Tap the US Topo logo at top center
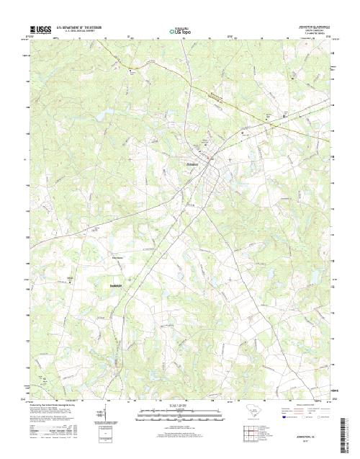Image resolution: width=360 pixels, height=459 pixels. click(180, 30)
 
